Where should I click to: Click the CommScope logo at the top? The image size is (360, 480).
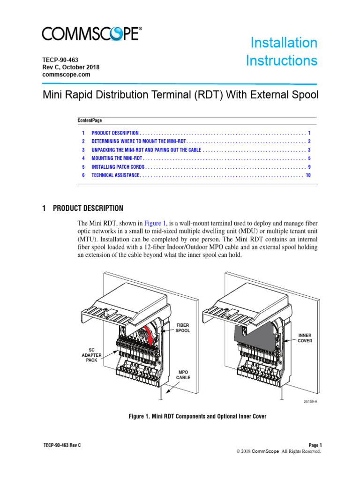92,34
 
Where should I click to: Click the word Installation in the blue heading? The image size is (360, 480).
284,43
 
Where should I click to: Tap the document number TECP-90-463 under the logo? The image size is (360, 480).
60,60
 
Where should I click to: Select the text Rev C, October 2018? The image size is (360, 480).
71,67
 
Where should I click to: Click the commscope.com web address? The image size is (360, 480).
66,75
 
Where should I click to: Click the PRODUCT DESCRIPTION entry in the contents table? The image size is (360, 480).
115,133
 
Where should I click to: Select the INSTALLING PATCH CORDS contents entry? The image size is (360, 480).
119,167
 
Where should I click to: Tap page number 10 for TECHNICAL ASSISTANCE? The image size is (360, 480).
308,175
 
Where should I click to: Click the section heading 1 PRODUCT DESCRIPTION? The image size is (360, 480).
82,208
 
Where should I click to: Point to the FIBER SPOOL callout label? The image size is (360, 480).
183,328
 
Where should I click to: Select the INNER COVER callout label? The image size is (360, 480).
304,338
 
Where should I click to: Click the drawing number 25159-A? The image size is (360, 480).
309,401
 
